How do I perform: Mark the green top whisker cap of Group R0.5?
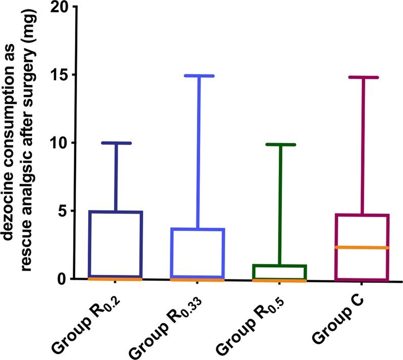pos(280,145)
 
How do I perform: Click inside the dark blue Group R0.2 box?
pos(116,243)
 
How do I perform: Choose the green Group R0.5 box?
pos(280,271)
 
